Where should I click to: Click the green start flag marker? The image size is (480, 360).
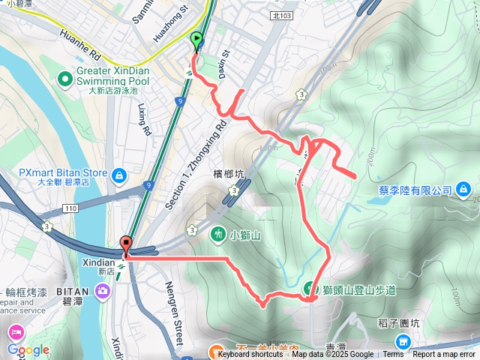coord(197,40)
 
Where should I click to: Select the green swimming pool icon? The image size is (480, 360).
coord(65,76)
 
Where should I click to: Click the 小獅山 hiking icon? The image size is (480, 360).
coord(219,234)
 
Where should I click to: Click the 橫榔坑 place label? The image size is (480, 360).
coord(229,175)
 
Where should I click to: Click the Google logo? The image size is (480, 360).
coord(28,350)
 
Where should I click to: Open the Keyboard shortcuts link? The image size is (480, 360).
coord(250,355)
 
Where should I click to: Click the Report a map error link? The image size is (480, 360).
coord(445,355)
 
